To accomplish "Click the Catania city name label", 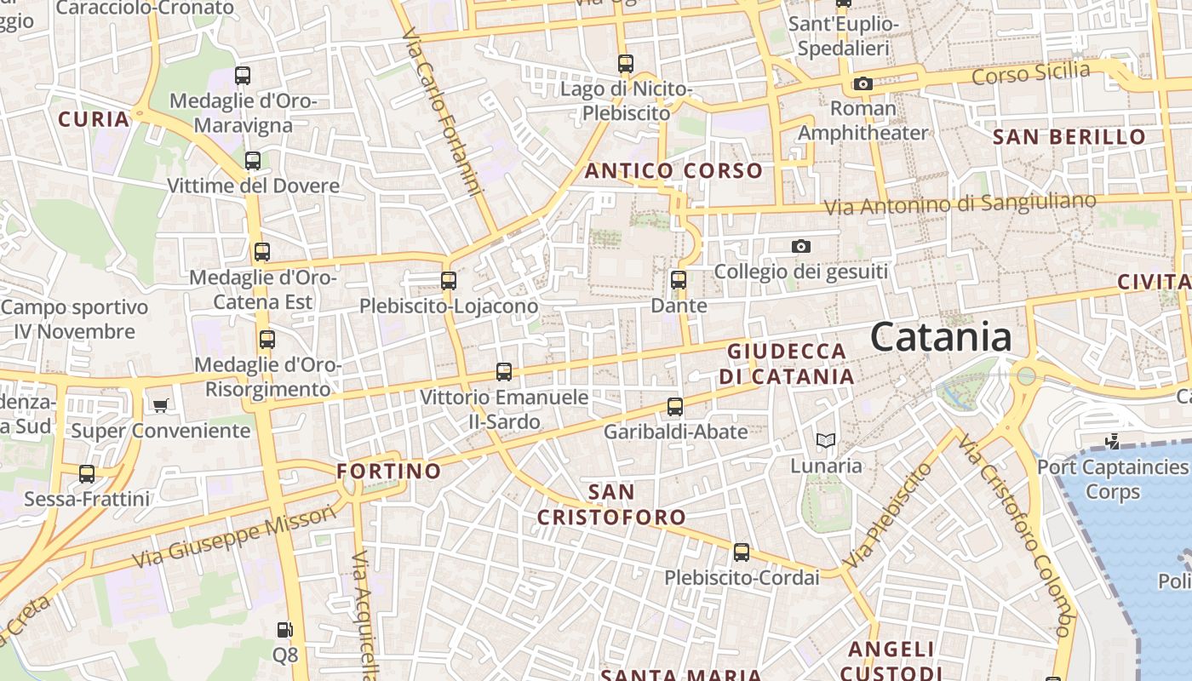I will click(x=941, y=337).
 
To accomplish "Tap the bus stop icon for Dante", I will click(x=679, y=279).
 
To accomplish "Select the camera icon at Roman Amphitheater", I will click(x=863, y=83).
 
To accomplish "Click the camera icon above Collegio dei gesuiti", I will click(x=801, y=246).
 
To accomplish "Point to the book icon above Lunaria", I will click(x=826, y=440).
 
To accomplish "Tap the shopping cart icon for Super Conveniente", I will click(x=160, y=405).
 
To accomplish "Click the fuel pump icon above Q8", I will click(x=285, y=630).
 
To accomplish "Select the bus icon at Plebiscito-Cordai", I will click(x=742, y=552).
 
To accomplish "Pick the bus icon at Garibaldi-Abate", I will click(x=675, y=406).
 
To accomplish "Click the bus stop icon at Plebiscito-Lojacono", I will click(x=449, y=280).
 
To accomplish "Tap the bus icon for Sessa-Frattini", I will click(x=87, y=473).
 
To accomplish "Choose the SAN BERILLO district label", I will click(x=1069, y=136).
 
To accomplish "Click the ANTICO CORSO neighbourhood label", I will click(x=673, y=170).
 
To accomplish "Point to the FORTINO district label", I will click(x=389, y=471).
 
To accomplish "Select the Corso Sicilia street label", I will click(x=1030, y=73).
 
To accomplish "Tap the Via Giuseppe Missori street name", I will click(x=235, y=537).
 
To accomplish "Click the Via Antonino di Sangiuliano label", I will click(x=960, y=204).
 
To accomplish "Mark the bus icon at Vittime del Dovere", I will click(x=253, y=160).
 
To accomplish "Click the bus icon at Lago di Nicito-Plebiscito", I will click(x=626, y=63).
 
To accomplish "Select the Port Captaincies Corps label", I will click(x=1112, y=479).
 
